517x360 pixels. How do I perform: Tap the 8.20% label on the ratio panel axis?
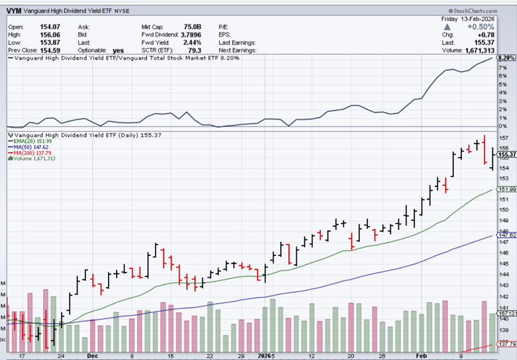point(506,58)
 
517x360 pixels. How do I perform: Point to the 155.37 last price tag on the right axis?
point(506,154)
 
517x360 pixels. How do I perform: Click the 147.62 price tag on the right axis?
point(506,235)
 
